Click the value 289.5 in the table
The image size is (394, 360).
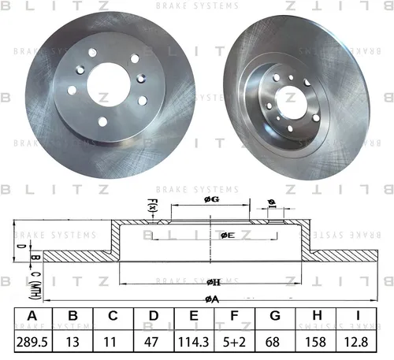32,342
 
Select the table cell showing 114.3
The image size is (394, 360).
194,342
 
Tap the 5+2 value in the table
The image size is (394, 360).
234,342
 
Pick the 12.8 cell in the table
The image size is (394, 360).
356,342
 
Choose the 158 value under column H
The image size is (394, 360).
315,342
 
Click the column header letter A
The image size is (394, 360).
32,315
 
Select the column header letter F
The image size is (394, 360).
234,315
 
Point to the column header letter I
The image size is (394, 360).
358,315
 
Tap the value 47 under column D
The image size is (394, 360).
151,342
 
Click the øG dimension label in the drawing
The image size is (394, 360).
212,200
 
